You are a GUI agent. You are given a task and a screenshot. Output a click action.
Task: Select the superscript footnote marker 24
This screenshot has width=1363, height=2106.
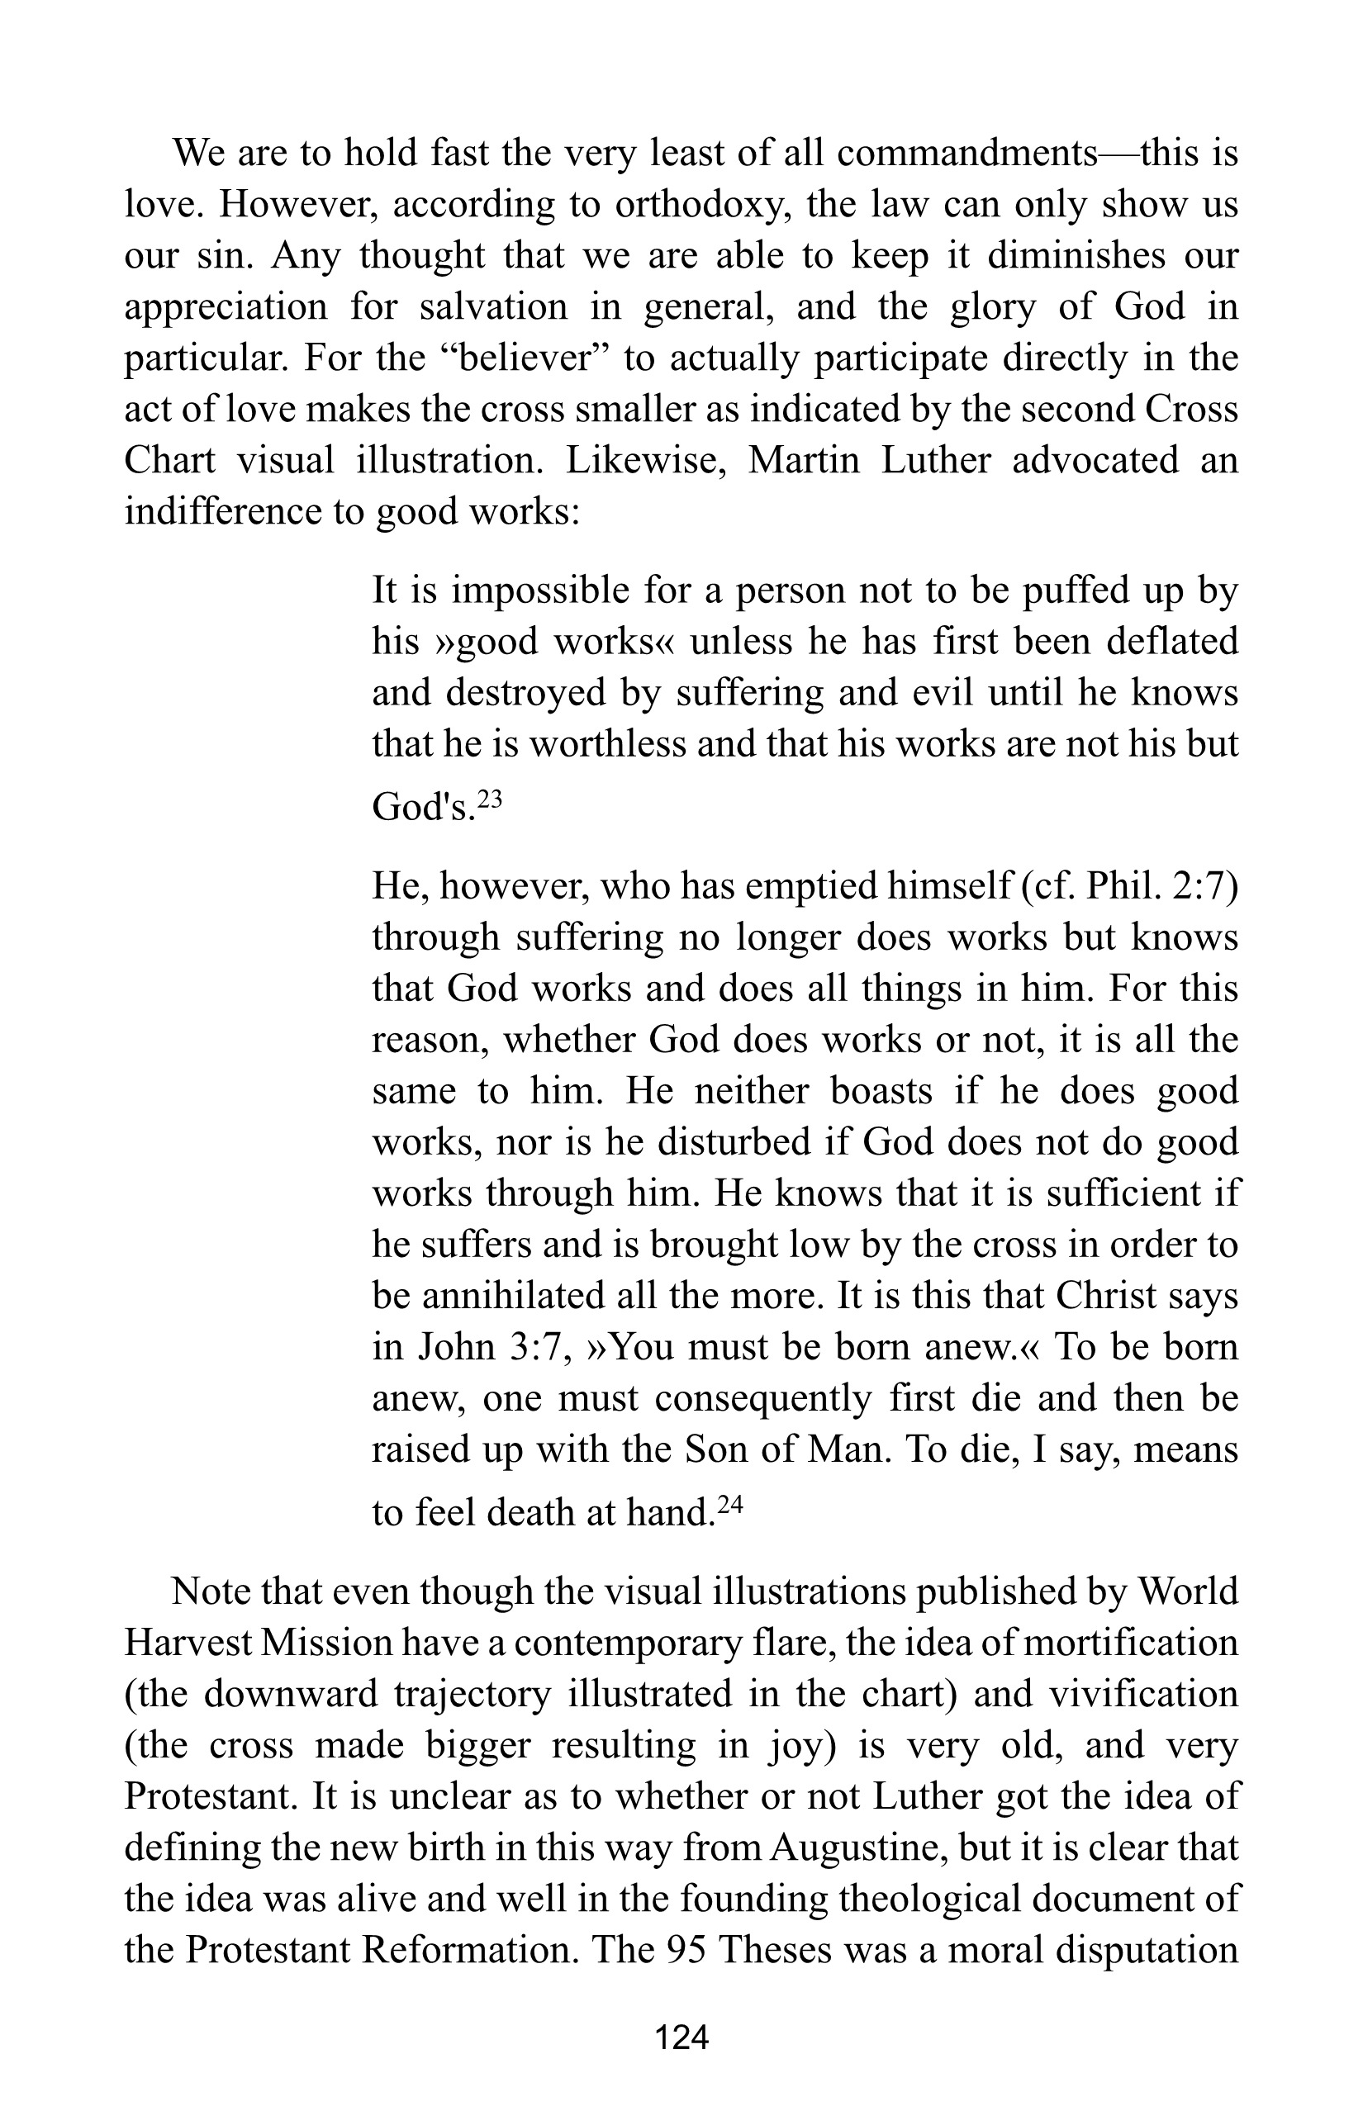coord(729,1503)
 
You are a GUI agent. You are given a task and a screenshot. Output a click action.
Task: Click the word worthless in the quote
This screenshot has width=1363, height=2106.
coord(606,744)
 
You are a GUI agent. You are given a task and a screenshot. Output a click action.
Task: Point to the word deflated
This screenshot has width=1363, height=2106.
coord(1172,642)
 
